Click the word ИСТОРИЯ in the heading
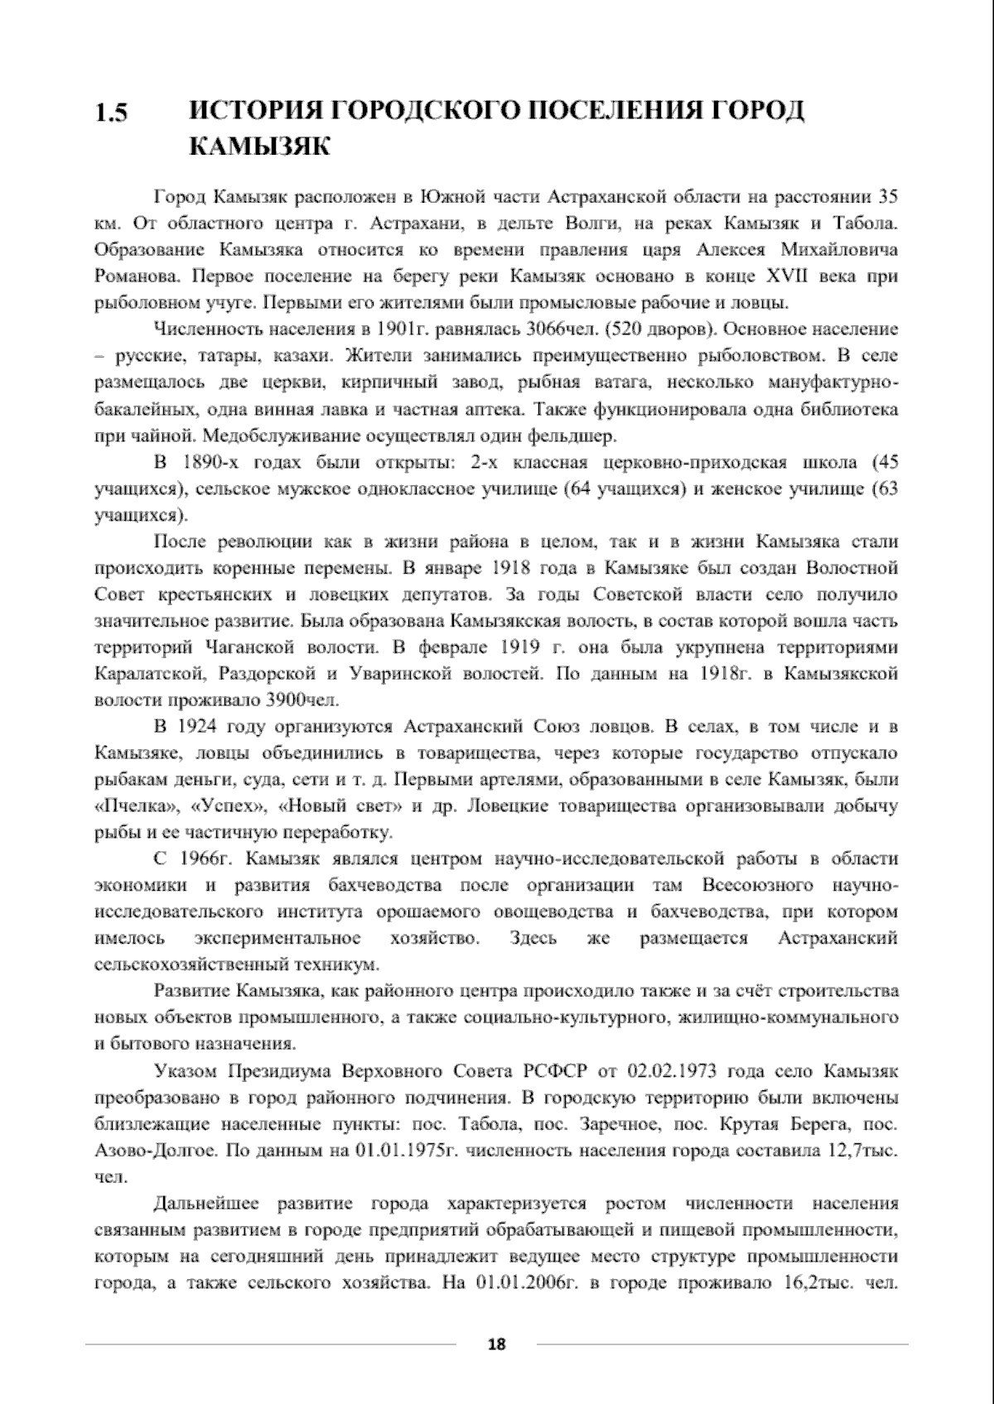[x=253, y=111]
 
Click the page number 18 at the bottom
[x=496, y=1344]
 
